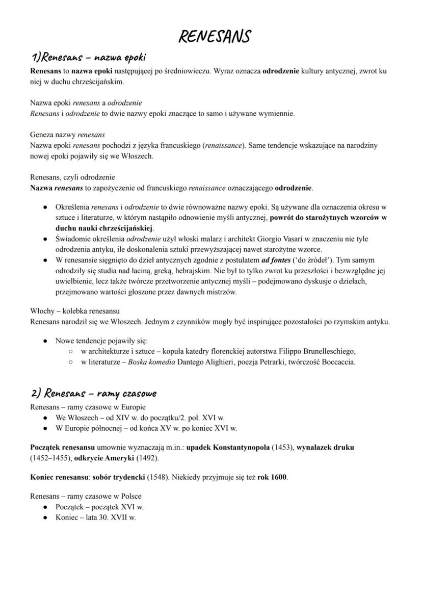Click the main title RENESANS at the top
point(214,37)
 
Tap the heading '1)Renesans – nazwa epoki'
point(89,57)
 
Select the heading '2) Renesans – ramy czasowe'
point(93,393)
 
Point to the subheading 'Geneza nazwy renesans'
point(67,135)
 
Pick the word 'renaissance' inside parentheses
point(223,145)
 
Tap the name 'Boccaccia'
point(337,362)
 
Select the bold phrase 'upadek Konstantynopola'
point(227,447)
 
